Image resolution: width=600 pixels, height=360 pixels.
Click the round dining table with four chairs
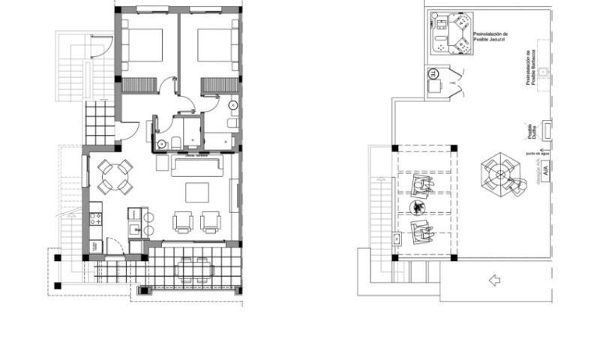115,178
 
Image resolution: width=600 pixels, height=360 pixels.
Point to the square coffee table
198,193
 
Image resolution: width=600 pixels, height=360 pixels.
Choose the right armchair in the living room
211,221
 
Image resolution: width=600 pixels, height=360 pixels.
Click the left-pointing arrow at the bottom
493,280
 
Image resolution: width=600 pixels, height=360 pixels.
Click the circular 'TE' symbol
433,73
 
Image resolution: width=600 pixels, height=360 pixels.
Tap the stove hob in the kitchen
95,220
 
